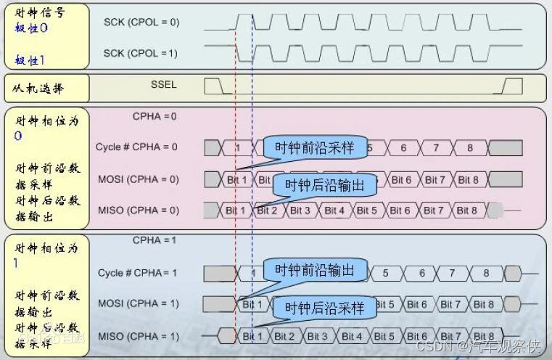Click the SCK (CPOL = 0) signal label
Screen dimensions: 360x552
pyautogui.click(x=141, y=22)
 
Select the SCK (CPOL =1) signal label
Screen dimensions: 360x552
pyautogui.click(x=141, y=54)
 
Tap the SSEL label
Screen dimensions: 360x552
pyautogui.click(x=163, y=84)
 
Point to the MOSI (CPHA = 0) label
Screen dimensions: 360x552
pyautogui.click(x=138, y=179)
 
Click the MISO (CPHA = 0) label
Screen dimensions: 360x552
pyautogui.click(x=138, y=210)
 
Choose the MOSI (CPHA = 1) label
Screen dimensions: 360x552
pyautogui.click(x=138, y=303)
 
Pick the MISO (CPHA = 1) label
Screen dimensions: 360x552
pyautogui.click(x=138, y=336)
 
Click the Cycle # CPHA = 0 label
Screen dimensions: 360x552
pyautogui.click(x=137, y=147)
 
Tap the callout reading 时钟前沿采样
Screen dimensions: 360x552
pyautogui.click(x=314, y=147)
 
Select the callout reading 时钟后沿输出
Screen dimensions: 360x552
pyautogui.click(x=324, y=185)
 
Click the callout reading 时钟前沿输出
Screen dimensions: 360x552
pyautogui.click(x=314, y=271)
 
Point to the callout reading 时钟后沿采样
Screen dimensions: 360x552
pyautogui.click(x=324, y=308)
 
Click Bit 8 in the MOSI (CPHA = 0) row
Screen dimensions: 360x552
pyautogui.click(x=467, y=180)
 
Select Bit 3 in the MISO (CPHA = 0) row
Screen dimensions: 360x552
pyautogui.click(x=300, y=210)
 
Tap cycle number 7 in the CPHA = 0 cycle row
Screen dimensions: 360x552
pyautogui.click(x=436, y=148)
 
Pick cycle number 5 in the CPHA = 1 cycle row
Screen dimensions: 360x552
pyautogui.click(x=385, y=273)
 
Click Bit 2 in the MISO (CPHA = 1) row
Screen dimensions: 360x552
pyautogui.click(x=284, y=336)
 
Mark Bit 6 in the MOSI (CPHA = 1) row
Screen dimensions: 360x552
pyautogui.click(x=417, y=304)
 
